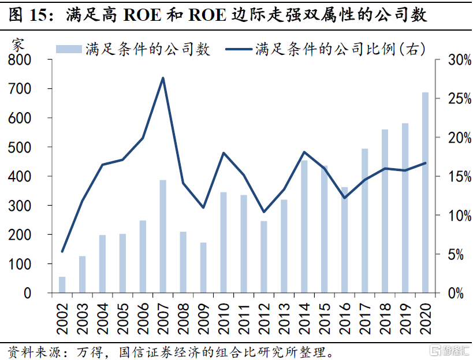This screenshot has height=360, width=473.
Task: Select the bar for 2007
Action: click(163, 236)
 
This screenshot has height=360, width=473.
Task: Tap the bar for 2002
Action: click(62, 285)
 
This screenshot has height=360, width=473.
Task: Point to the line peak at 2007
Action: click(163, 78)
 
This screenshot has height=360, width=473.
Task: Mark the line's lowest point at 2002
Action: click(62, 251)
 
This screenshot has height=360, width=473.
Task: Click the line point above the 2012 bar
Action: click(264, 211)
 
